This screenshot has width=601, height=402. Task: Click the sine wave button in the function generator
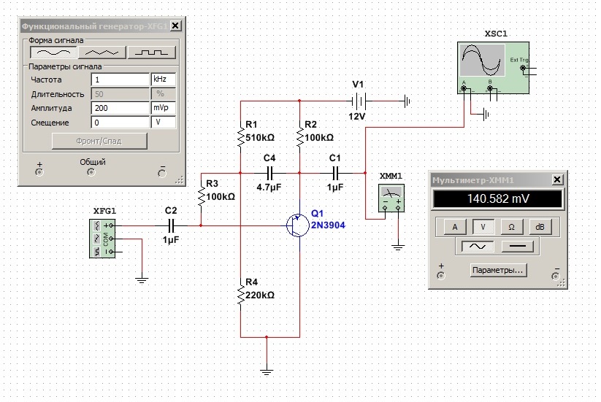click(x=55, y=52)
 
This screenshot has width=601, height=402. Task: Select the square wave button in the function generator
click(x=152, y=52)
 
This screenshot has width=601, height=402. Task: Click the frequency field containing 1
click(x=120, y=79)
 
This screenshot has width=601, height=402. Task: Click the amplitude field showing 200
click(x=120, y=108)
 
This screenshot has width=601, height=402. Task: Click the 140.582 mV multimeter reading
click(x=497, y=199)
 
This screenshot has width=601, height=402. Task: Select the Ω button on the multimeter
click(x=511, y=227)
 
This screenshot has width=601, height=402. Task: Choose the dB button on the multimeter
click(x=540, y=227)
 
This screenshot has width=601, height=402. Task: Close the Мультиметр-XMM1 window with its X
click(x=558, y=179)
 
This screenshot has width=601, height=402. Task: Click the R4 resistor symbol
click(x=240, y=296)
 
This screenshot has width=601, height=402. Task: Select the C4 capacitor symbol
click(x=269, y=173)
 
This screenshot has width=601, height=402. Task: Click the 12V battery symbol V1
click(x=358, y=100)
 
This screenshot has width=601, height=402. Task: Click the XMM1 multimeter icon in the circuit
click(x=391, y=198)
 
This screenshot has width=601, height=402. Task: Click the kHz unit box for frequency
click(x=163, y=79)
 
